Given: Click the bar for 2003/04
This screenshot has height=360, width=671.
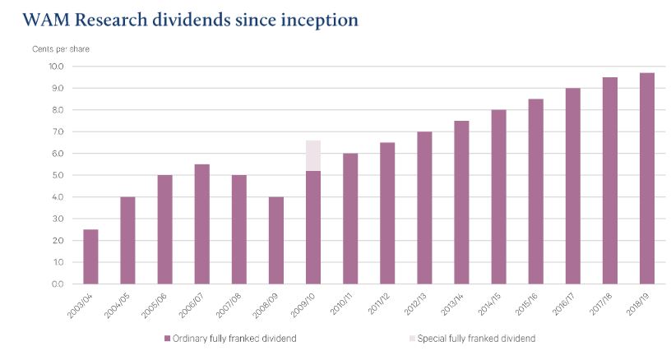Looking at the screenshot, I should [x=91, y=256].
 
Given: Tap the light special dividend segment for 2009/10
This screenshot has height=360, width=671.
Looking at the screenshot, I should [x=312, y=155].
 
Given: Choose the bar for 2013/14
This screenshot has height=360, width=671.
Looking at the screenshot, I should [x=460, y=202].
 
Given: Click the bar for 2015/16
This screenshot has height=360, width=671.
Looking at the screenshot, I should [x=534, y=192].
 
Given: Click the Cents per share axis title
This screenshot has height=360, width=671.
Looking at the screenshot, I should [x=61, y=49].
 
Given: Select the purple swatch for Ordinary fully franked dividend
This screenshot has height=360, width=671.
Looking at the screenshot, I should [x=168, y=339].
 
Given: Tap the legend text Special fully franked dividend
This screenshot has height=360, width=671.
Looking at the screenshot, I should [x=476, y=339].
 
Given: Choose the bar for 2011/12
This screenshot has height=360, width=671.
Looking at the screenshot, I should [x=386, y=213].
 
